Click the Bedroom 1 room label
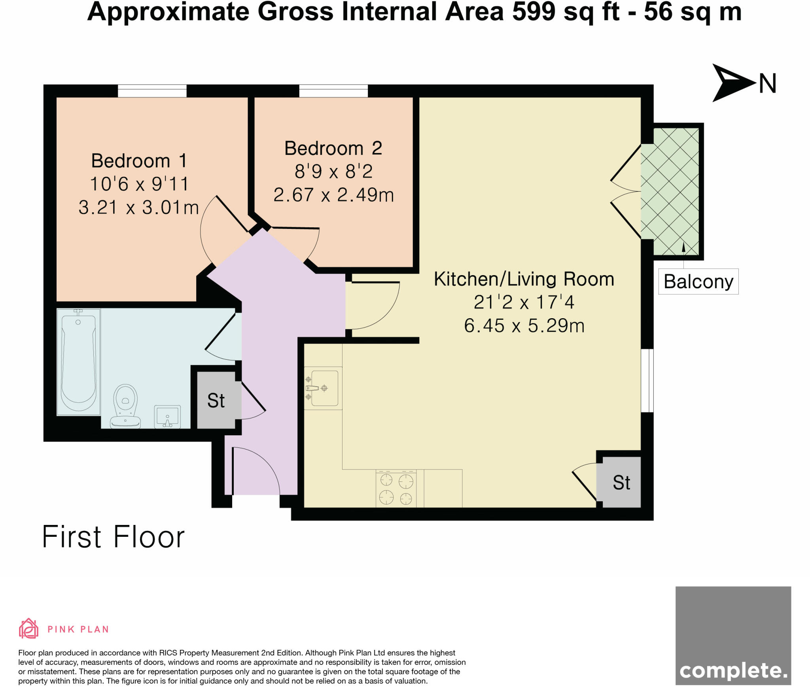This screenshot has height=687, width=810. [139, 161]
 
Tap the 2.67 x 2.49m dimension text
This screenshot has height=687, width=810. [333, 195]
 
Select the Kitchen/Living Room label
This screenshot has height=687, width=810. [524, 279]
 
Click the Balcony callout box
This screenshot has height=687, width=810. [698, 281]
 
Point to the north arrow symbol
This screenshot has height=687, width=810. [732, 83]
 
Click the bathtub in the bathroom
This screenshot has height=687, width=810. [79, 362]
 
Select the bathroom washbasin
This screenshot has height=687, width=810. [167, 416]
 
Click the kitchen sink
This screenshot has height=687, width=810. [324, 388]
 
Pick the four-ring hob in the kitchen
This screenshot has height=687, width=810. [396, 489]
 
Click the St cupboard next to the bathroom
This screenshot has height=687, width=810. [216, 400]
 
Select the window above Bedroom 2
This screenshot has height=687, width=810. [333, 91]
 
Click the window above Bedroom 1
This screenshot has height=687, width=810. [152, 91]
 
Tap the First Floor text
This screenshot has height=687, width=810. [113, 537]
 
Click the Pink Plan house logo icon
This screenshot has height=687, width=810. [28, 629]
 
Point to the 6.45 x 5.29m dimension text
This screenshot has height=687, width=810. [524, 326]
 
